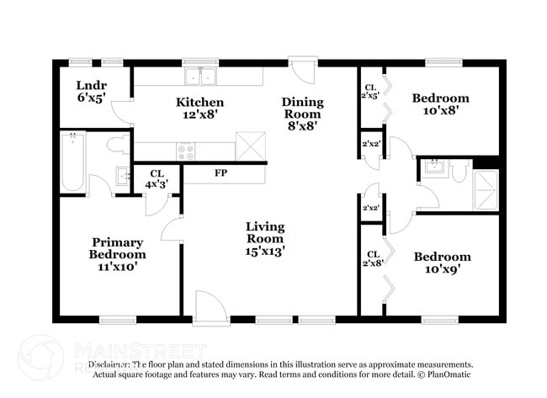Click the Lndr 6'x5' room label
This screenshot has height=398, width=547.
(x=90, y=91)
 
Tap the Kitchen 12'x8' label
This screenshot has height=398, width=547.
(x=199, y=109)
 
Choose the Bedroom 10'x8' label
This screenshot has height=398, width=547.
(x=440, y=104)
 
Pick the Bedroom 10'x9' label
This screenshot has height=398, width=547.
(x=441, y=263)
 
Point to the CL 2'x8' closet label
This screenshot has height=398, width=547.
(x=370, y=257)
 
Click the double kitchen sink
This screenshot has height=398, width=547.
(x=200, y=77)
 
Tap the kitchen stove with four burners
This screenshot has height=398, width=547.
(x=185, y=151)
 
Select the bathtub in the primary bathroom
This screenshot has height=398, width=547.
(x=73, y=162)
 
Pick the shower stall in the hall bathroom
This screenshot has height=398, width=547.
(x=486, y=189)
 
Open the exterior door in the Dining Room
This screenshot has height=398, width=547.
(x=300, y=69)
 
